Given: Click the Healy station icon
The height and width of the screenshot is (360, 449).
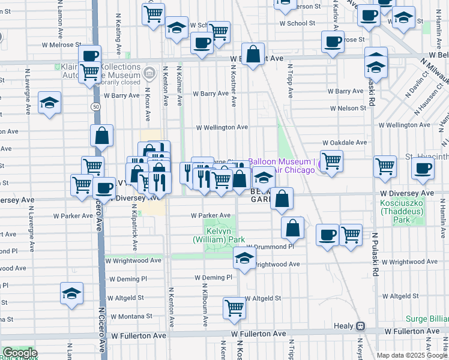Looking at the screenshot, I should pos(360,326).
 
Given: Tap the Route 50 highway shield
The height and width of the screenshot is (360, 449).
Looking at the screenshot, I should pos(95,106).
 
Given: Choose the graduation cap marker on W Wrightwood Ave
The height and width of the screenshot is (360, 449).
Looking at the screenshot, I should pos(244,259).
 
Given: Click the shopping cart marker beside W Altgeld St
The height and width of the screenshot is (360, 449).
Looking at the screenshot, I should pos(235,308).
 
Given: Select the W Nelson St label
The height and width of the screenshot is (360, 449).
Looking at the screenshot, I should pos(348,109).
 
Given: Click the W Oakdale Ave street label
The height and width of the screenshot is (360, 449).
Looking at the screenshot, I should pos(344,143).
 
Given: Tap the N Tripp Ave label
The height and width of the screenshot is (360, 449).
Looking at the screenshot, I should pos(289,82).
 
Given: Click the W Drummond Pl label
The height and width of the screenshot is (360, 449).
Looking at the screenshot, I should pos(270,247).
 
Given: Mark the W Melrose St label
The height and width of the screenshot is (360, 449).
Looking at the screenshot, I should pos(60,44).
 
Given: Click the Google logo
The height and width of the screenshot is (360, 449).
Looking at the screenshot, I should pos(19,353).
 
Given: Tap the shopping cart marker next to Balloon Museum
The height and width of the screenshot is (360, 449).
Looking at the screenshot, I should pos(332,161).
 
